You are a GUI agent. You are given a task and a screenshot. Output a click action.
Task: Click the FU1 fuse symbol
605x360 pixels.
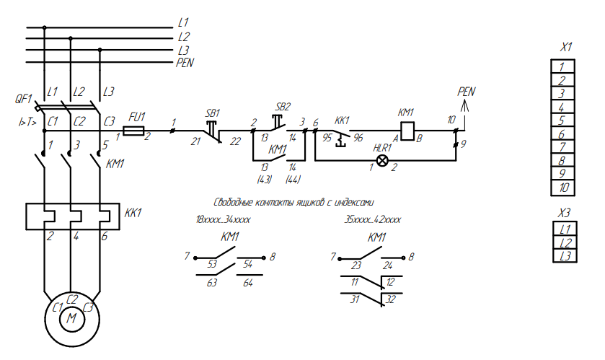pyautogui.click(x=133, y=131)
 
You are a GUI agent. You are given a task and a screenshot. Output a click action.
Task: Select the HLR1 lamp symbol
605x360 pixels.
pyautogui.click(x=384, y=159)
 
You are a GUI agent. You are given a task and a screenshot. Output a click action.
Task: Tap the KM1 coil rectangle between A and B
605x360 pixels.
pyautogui.click(x=407, y=131)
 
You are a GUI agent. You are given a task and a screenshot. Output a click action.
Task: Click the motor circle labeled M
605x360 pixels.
pyautogui.click(x=71, y=316)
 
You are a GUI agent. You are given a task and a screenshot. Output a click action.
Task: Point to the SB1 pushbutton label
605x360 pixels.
pyautogui.click(x=213, y=113)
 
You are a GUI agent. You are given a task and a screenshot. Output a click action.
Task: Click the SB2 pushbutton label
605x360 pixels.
pyautogui.click(x=283, y=106)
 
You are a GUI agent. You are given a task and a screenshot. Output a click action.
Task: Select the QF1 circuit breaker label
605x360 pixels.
pyautogui.click(x=23, y=97)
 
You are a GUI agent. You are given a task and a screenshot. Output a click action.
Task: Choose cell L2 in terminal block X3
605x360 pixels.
pyautogui.click(x=567, y=242)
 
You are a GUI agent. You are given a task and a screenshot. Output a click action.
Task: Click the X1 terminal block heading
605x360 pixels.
pyautogui.click(x=567, y=48)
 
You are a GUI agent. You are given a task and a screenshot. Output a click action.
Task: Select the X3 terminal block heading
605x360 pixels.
pyautogui.click(x=567, y=213)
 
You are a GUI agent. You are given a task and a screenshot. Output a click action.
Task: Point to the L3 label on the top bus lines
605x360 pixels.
pyautogui.click(x=184, y=51)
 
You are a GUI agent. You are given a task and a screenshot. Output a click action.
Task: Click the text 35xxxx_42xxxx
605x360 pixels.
pyautogui.click(x=373, y=219)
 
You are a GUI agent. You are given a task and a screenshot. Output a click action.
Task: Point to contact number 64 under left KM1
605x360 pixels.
pyautogui.click(x=248, y=283)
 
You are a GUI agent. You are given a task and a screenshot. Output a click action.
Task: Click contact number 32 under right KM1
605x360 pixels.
pyautogui.click(x=390, y=299)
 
